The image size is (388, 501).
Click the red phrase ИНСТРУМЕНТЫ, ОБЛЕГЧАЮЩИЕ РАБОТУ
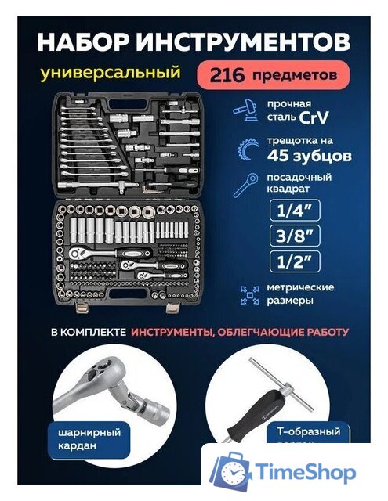coord(239,332)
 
